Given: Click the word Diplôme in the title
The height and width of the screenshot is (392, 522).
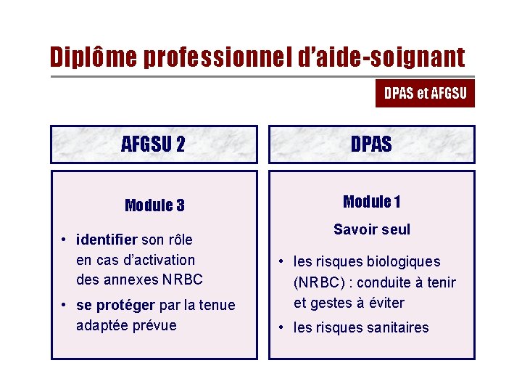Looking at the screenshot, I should [94, 57].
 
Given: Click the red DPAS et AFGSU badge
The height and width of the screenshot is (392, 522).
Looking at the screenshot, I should [425, 93].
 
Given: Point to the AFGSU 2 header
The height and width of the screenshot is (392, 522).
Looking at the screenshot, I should [153, 144].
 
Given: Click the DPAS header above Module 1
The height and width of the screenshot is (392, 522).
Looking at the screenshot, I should [371, 144].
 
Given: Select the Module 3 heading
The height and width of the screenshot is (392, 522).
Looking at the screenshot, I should [154, 205].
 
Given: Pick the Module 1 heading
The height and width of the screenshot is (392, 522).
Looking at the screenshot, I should [371, 202].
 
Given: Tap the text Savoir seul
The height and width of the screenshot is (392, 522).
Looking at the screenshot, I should [371, 230].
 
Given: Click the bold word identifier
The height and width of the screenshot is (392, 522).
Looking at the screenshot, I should [107, 240].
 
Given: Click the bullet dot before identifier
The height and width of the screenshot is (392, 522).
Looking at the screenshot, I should [65, 240].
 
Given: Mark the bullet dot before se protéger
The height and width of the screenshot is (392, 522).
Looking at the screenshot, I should [65, 305].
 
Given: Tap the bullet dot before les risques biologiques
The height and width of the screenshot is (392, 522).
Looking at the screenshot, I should [282, 261].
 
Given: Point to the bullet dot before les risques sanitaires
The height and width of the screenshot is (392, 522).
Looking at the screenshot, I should [282, 327].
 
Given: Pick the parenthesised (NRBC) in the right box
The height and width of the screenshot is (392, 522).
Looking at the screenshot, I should [320, 282].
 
